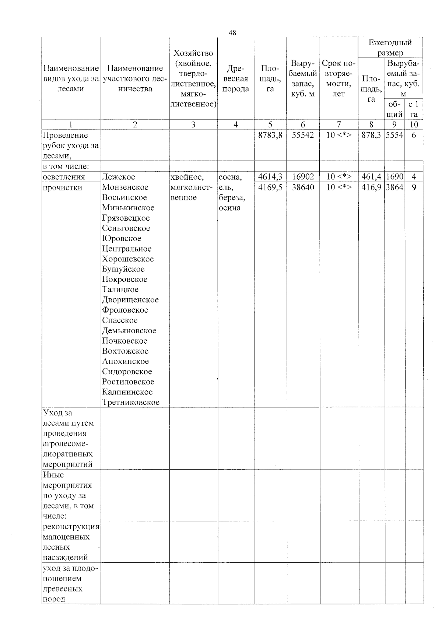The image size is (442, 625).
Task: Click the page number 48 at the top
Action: tap(232, 33)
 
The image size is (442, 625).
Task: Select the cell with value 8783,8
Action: tap(270, 135)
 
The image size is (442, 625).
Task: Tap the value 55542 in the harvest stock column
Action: tap(303, 135)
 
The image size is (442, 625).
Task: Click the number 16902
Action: tap(303, 177)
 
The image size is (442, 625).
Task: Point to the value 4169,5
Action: tap(270, 187)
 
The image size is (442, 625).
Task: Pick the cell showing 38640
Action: tap(303, 187)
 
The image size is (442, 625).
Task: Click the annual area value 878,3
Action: tap(371, 135)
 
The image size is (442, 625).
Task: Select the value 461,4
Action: tap(371, 177)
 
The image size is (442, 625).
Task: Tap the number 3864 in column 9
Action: tap(394, 187)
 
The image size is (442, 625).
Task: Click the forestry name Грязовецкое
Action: tap(126, 218)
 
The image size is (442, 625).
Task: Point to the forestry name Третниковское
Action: tap(131, 402)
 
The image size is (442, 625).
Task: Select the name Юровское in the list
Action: tap(122, 239)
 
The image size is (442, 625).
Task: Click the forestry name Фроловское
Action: tap(125, 310)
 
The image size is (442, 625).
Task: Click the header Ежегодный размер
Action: tap(390, 48)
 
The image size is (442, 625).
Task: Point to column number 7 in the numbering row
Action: tap(338, 124)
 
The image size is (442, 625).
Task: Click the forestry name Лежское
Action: tap(119, 177)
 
